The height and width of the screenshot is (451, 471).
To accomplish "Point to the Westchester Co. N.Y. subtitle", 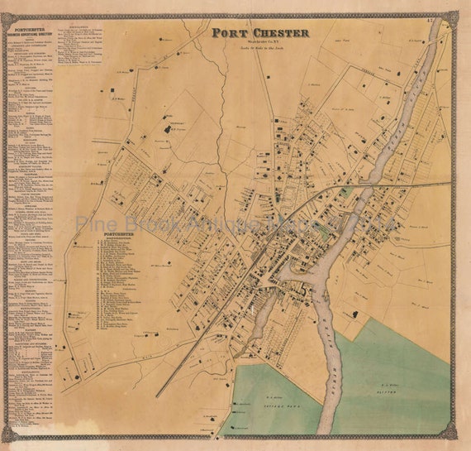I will click(259, 42).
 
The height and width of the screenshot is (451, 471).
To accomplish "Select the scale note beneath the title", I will click(259, 49).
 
